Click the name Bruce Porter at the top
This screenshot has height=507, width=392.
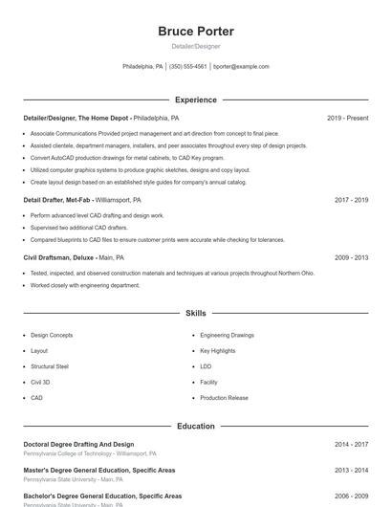tap(196, 32)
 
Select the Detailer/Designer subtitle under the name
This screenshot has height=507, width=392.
tap(196, 46)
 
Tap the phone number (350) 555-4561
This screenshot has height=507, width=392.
tap(188, 67)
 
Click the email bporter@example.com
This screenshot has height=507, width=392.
tap(241, 67)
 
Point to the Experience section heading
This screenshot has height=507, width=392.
tap(196, 99)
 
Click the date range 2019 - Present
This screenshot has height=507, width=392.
tap(347, 118)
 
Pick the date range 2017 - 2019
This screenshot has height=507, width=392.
tap(351, 201)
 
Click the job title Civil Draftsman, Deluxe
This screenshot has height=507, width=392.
tap(58, 257)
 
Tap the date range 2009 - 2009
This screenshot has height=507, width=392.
tap(351, 257)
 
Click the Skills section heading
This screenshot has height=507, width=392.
tap(196, 313)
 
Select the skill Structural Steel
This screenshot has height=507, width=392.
tap(50, 366)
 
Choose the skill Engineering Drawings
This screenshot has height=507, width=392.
tap(227, 336)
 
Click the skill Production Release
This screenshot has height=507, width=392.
tap(224, 397)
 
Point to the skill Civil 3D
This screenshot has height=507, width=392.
tap(40, 382)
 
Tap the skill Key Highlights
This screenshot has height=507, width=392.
tap(218, 351)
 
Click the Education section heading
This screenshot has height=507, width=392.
tap(196, 426)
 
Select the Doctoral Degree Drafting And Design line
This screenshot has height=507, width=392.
tap(78, 445)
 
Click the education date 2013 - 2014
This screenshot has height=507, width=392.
tap(351, 471)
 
